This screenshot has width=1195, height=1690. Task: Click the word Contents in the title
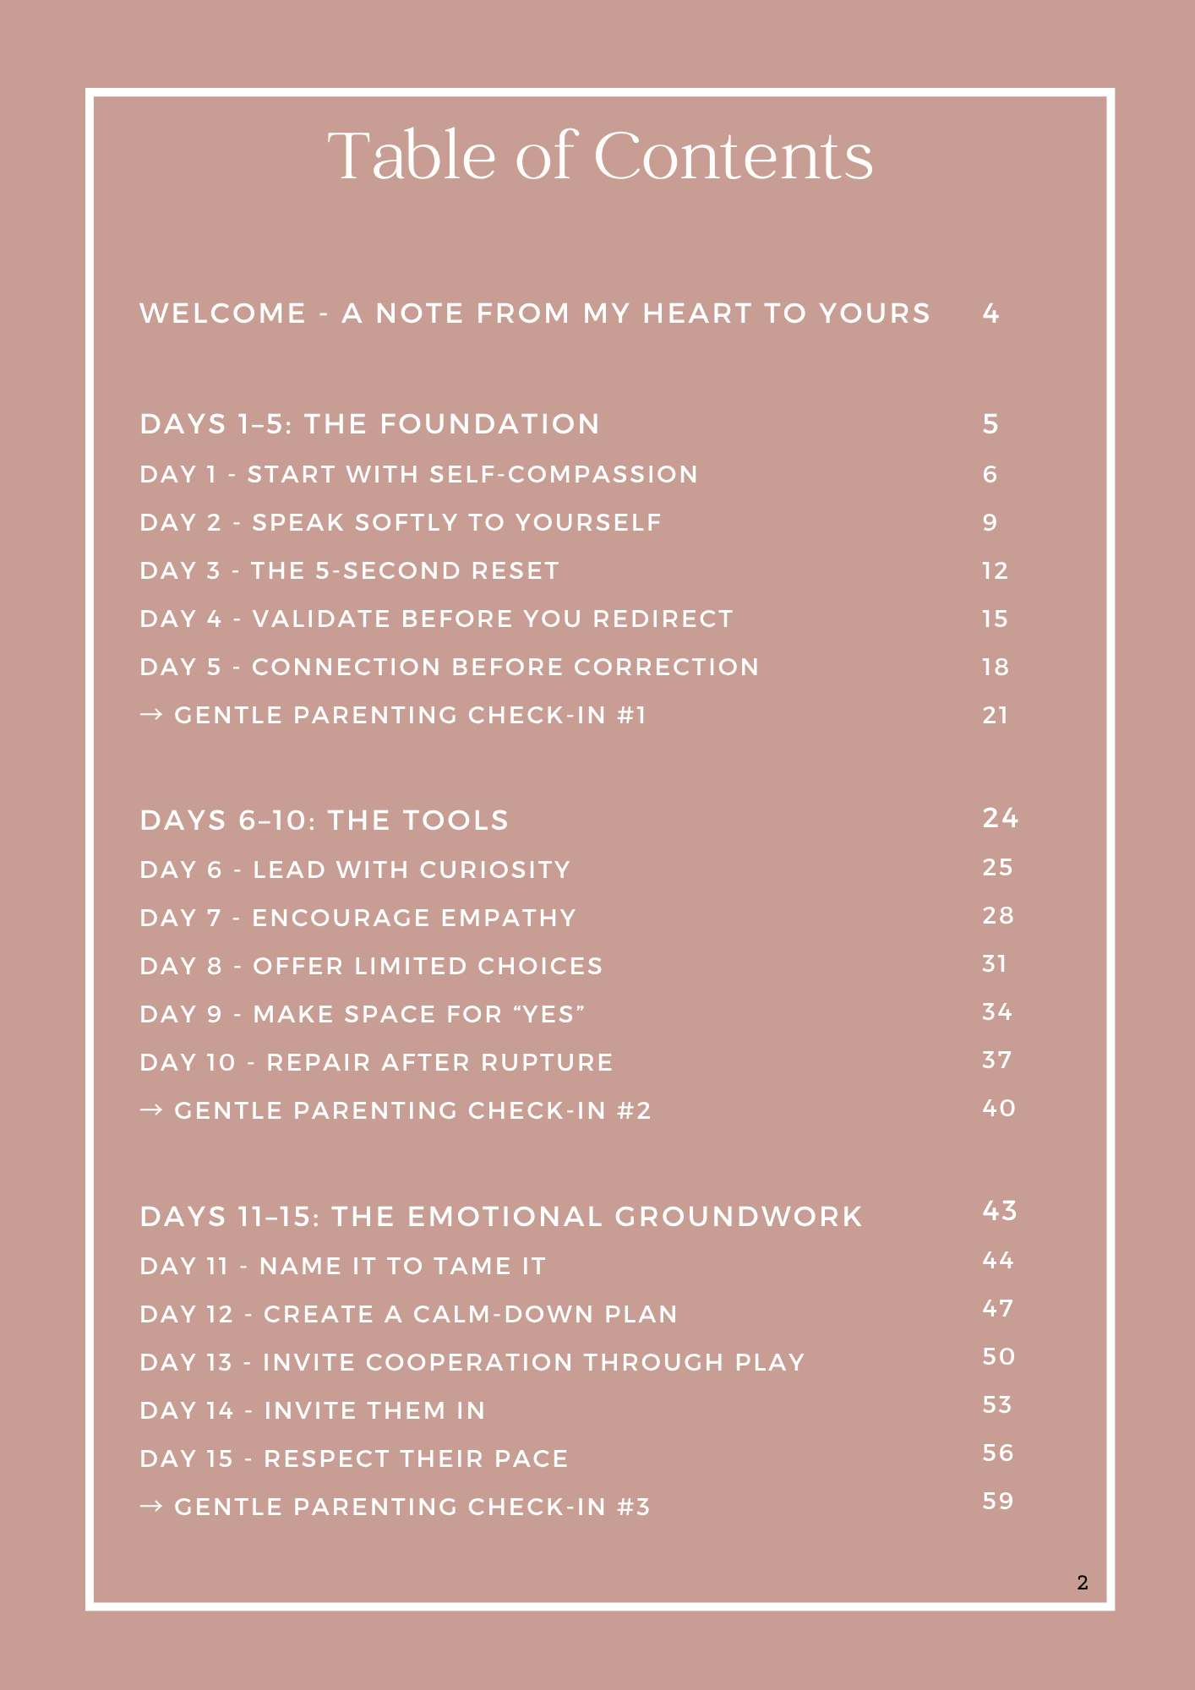[x=734, y=157]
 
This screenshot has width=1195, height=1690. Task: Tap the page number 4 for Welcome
[x=990, y=314]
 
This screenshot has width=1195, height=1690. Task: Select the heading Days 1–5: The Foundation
[x=369, y=424]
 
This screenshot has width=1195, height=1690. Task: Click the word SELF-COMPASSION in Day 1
[x=564, y=475]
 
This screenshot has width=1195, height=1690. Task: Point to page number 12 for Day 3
[x=995, y=571]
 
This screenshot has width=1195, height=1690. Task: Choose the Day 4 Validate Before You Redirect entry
[x=436, y=619]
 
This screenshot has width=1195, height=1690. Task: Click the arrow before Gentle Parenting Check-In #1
[x=151, y=715]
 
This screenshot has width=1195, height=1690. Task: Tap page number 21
[x=995, y=716]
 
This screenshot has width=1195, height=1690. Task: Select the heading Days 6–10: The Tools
[x=324, y=820]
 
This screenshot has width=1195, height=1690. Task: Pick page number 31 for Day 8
[x=994, y=964]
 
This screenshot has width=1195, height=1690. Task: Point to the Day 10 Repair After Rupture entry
[x=376, y=1063]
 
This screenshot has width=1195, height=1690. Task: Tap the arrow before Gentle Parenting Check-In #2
[x=151, y=1110]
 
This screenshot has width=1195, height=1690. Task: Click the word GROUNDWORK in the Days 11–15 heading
[x=738, y=1217]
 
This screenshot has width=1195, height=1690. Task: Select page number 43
[x=999, y=1212]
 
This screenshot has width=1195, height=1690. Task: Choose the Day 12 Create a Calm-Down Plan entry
[x=408, y=1315]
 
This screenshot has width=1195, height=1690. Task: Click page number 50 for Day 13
[x=998, y=1357]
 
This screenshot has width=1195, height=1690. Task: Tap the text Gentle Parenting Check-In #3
[x=412, y=1507]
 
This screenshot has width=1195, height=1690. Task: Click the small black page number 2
[x=1083, y=1583]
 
